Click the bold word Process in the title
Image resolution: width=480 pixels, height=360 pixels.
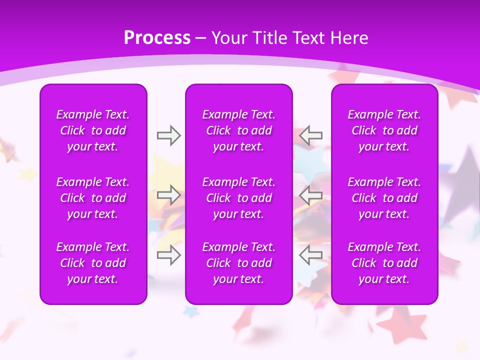click(x=157, y=38)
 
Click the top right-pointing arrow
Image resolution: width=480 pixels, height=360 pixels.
click(x=168, y=135)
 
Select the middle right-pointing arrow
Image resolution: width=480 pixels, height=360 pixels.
click(x=168, y=195)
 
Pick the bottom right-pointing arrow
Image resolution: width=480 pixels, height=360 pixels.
click(x=168, y=255)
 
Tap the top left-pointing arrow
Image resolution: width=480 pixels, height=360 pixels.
click(x=311, y=135)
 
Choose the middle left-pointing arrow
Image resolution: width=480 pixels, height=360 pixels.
click(x=311, y=195)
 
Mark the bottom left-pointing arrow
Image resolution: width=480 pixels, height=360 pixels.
click(x=311, y=255)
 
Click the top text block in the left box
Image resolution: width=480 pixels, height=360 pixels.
click(x=93, y=130)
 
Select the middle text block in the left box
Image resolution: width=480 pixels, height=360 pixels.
click(x=93, y=198)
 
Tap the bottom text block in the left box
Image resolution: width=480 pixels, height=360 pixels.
click(x=93, y=263)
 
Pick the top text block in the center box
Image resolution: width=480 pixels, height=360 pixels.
click(x=239, y=130)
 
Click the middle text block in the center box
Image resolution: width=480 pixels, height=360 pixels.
click(x=239, y=198)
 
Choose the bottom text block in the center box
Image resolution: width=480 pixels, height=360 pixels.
click(x=239, y=263)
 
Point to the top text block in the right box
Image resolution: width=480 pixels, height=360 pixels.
click(x=384, y=130)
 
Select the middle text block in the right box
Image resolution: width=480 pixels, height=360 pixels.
click(x=384, y=198)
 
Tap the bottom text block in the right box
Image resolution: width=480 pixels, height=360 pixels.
click(x=384, y=263)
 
